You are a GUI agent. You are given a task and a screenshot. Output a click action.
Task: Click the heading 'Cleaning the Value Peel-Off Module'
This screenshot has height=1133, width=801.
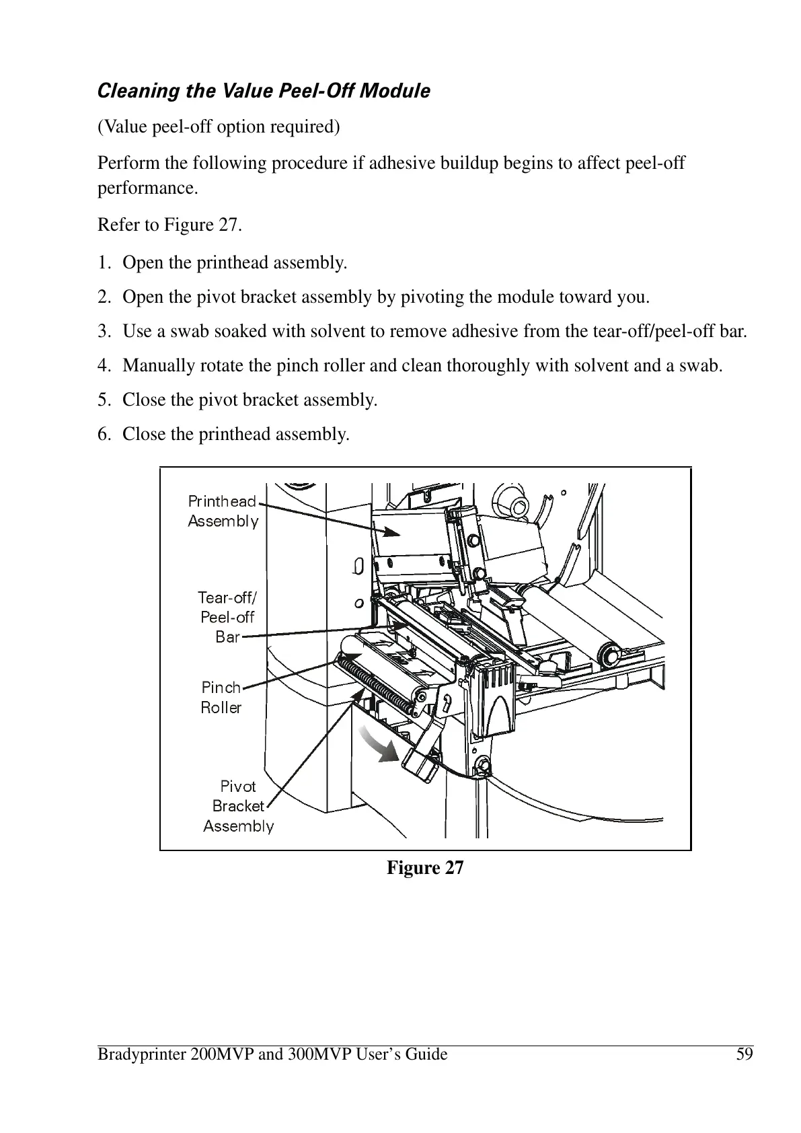(x=264, y=91)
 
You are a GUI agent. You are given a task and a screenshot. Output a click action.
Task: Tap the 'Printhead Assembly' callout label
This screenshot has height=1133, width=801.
(x=223, y=511)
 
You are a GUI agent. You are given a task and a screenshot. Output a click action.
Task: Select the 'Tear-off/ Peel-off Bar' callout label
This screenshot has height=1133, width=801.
(x=227, y=617)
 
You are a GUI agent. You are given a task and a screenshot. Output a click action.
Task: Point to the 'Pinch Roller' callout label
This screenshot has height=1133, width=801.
(x=221, y=698)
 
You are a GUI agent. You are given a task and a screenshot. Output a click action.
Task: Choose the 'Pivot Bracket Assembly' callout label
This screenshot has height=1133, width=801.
(x=238, y=806)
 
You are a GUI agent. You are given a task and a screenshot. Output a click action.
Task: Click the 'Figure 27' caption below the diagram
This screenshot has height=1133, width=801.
(x=424, y=868)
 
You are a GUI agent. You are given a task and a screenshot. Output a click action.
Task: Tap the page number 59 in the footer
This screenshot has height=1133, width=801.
(x=745, y=1054)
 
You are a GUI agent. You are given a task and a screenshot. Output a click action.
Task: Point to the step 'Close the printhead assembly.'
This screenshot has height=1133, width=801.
(x=235, y=435)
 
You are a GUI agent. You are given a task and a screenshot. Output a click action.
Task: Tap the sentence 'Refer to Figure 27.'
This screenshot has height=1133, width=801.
(x=169, y=225)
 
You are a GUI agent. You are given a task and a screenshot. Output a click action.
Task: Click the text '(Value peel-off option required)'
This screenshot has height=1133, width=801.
(x=219, y=126)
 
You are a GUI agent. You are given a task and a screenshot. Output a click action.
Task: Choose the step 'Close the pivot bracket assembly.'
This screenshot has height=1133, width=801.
(x=250, y=400)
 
